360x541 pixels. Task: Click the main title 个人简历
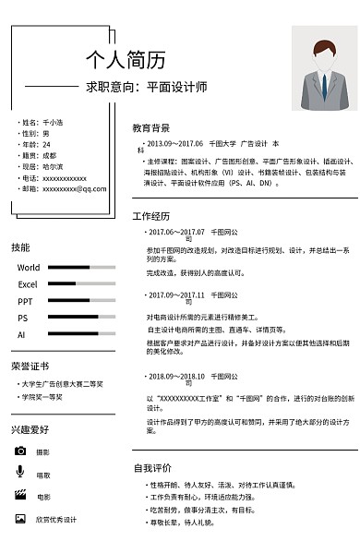pyautogui.click(x=126, y=61)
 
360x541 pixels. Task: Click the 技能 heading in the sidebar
pyautogui.click(x=20, y=247)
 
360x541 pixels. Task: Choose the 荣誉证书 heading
pyautogui.click(x=29, y=367)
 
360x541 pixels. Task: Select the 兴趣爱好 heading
pyautogui.click(x=30, y=429)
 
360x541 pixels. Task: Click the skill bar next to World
pyautogui.click(x=81, y=268)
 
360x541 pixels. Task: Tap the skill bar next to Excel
pyautogui.click(x=81, y=284)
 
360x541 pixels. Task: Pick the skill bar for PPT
pyautogui.click(x=81, y=301)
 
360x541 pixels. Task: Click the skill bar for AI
pyautogui.click(x=81, y=334)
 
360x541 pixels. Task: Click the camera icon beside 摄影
pyautogui.click(x=20, y=451)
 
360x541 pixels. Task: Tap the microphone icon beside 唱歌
pyautogui.click(x=20, y=473)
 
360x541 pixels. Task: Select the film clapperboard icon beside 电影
pyautogui.click(x=20, y=496)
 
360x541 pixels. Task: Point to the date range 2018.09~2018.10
pyautogui.click(x=175, y=376)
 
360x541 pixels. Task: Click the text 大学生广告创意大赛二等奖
pyautogui.click(x=62, y=384)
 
